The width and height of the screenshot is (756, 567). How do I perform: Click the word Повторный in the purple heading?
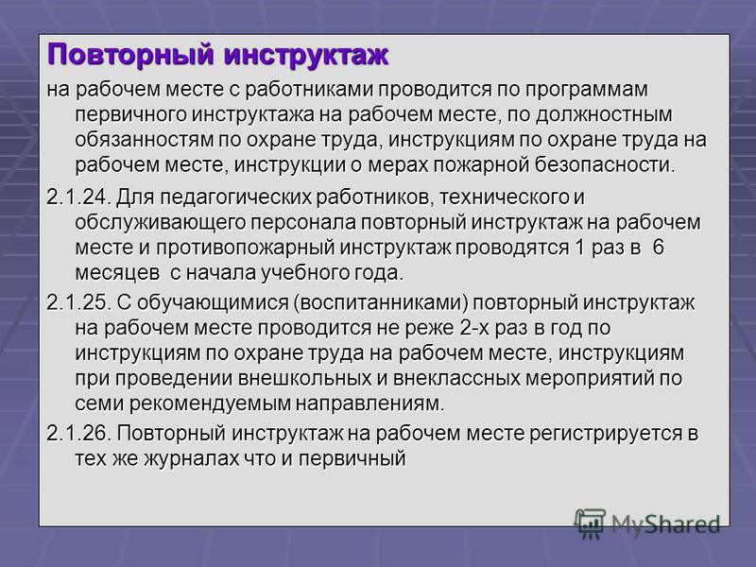pyautogui.click(x=130, y=55)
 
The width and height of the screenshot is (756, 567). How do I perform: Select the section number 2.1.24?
pyautogui.click(x=79, y=198)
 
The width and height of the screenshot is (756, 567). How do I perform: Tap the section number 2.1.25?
pyautogui.click(x=79, y=302)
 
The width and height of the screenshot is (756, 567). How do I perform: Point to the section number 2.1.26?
pyautogui.click(x=79, y=433)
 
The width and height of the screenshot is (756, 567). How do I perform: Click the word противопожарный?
pyautogui.click(x=246, y=248)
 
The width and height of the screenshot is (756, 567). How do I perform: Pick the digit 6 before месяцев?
pyautogui.click(x=658, y=248)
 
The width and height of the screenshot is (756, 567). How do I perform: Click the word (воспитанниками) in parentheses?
pyautogui.click(x=381, y=303)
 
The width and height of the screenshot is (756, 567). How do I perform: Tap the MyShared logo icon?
pyautogui.click(x=590, y=523)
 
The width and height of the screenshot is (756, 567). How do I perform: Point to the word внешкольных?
pyautogui.click(x=304, y=378)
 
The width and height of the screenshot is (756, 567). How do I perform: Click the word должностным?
pyautogui.click(x=604, y=115)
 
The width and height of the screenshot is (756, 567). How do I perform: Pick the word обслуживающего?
pyautogui.click(x=161, y=223)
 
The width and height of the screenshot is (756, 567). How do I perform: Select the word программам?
pyautogui.click(x=586, y=90)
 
